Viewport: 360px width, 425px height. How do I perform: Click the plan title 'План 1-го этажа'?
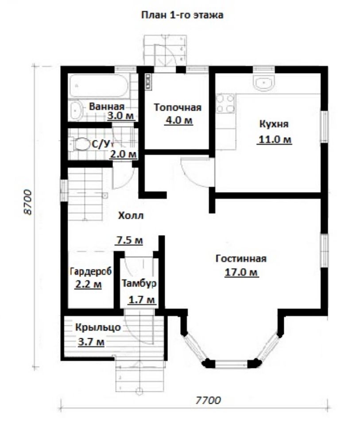click(182, 15)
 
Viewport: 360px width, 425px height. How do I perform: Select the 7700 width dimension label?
click(208, 400)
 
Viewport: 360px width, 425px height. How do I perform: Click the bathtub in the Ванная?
click(99, 85)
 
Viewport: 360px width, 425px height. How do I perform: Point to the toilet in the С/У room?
click(79, 144)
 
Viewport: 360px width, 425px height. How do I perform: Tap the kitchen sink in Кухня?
click(264, 82)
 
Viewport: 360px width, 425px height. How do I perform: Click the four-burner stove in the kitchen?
click(225, 103)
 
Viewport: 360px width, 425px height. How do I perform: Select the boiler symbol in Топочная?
click(148, 81)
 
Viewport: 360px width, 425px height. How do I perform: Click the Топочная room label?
click(178, 107)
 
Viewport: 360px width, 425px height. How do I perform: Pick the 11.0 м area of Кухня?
click(275, 139)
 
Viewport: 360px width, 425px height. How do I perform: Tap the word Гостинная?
click(241, 258)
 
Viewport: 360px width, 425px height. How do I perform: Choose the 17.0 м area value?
click(241, 272)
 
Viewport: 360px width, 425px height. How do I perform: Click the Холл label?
click(131, 216)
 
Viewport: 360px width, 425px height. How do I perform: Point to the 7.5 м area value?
click(130, 240)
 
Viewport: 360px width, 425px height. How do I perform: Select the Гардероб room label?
click(91, 271)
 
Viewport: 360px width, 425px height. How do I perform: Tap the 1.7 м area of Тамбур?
click(142, 300)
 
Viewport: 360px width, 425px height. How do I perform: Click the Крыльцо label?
click(98, 327)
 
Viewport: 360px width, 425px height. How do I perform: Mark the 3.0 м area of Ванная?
click(120, 116)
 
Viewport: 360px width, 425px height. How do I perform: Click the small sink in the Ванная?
click(75, 111)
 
